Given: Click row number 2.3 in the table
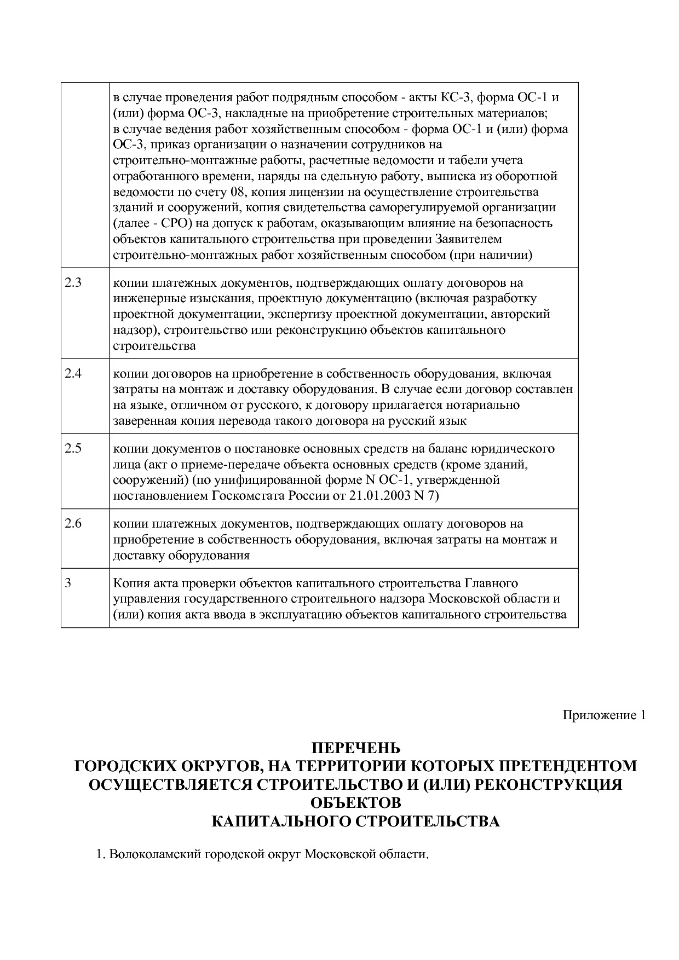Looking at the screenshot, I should click(x=73, y=283).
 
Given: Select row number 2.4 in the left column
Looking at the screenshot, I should click(x=73, y=374).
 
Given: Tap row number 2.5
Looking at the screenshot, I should click(x=73, y=449).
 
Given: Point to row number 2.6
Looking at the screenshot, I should click(x=73, y=524).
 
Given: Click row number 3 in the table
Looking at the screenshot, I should click(x=68, y=583).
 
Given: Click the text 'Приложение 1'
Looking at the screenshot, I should click(x=605, y=715).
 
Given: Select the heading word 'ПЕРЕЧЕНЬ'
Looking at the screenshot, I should click(x=355, y=748).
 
